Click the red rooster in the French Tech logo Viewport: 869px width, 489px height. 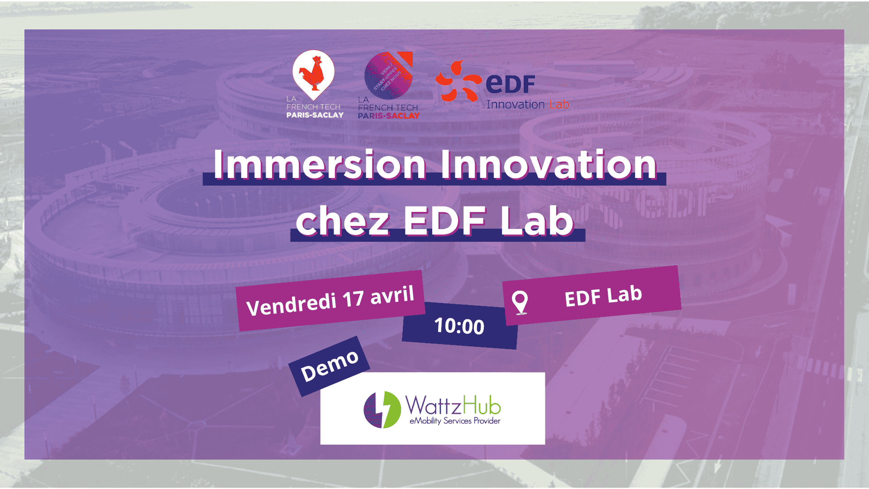pyautogui.click(x=313, y=72)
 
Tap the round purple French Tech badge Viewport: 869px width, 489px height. pyautogui.click(x=388, y=75)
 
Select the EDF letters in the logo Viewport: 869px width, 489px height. pyautogui.click(x=510, y=84)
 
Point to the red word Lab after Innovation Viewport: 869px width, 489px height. pyautogui.click(x=559, y=105)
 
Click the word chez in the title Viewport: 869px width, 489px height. pyautogui.click(x=342, y=221)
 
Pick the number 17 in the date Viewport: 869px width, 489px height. pyautogui.click(x=353, y=299)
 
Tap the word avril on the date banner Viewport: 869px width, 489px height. pyautogui.click(x=392, y=295)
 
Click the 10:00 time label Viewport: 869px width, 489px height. pyautogui.click(x=459, y=326)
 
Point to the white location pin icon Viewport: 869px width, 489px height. pyautogui.click(x=520, y=302)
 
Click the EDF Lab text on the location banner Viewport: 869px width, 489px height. pyautogui.click(x=603, y=296)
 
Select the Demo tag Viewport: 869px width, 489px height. pyautogui.click(x=329, y=366)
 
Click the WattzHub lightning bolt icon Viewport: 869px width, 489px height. pyautogui.click(x=382, y=409)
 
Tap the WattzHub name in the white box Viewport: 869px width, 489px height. pyautogui.click(x=453, y=405)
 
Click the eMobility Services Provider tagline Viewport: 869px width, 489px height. pyautogui.click(x=454, y=421)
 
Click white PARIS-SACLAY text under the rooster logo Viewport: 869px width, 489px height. pyautogui.click(x=315, y=115)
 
